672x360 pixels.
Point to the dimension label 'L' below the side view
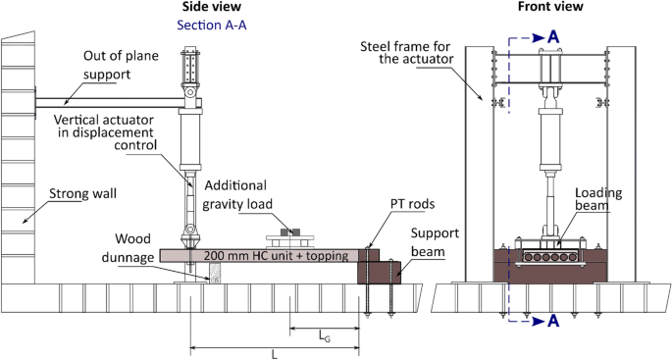[274, 353]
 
